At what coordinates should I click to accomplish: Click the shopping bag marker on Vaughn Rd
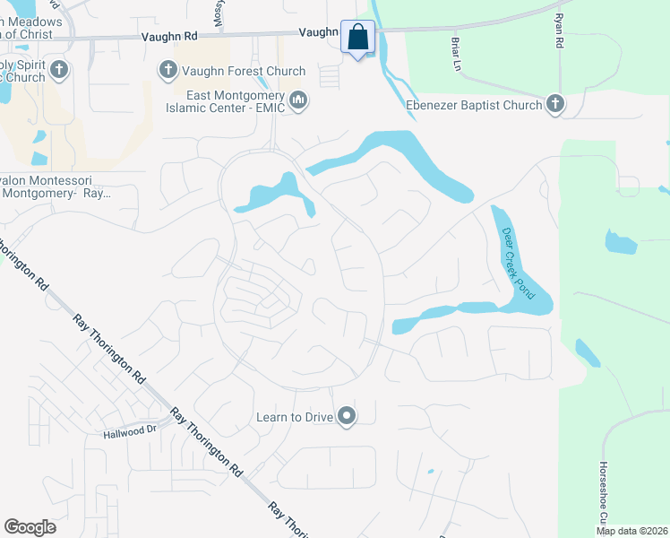(357, 39)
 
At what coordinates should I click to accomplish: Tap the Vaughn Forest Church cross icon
(167, 69)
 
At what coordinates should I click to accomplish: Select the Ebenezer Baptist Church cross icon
(555, 105)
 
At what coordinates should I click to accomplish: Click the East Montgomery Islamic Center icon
(299, 102)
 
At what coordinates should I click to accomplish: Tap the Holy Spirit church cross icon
(59, 69)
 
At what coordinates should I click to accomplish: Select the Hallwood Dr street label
(130, 430)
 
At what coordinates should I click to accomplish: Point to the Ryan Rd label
(558, 30)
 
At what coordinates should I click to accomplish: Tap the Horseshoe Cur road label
(603, 494)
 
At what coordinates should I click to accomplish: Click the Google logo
(30, 527)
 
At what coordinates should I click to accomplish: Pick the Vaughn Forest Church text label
(243, 71)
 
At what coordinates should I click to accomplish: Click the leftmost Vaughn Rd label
(167, 38)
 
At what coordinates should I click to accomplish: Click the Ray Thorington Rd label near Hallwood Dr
(207, 443)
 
